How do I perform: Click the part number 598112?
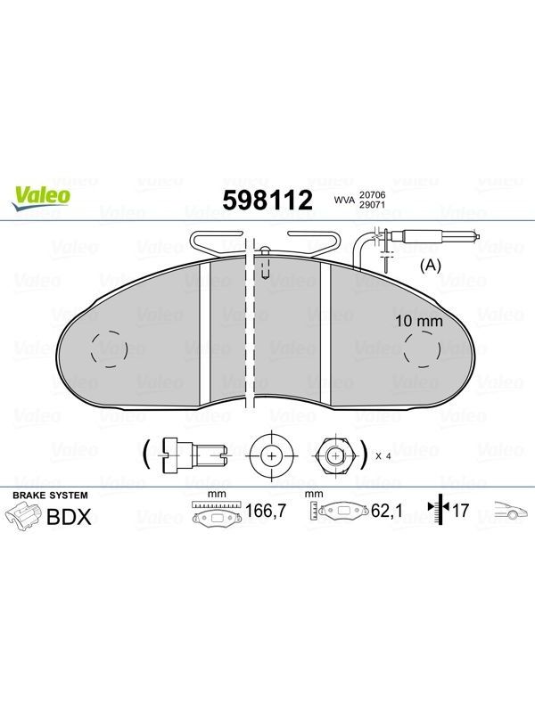pyautogui.click(x=267, y=200)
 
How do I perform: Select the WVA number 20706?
pyautogui.click(x=372, y=194)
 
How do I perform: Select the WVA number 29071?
pyautogui.click(x=372, y=205)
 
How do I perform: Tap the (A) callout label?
pyautogui.click(x=430, y=265)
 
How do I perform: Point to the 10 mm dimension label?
pyautogui.click(x=418, y=321)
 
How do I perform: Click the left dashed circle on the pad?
pyautogui.click(x=109, y=349)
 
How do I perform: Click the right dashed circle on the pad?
pyautogui.click(x=423, y=348)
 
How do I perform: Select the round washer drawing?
pyautogui.click(x=272, y=455)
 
